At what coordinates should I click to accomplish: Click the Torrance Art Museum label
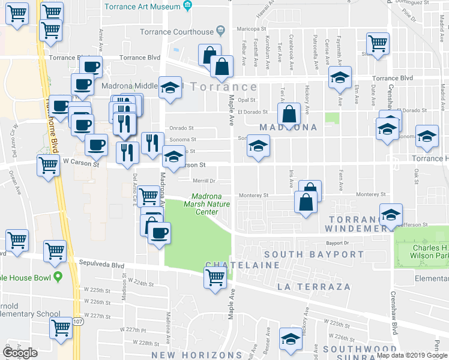pos(142,6)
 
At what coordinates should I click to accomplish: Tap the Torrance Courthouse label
pos(176,32)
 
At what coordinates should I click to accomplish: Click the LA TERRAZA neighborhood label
pos(314,287)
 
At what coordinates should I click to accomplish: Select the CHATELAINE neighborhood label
pos(243,265)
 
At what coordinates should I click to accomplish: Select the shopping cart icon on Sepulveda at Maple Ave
pos(215,277)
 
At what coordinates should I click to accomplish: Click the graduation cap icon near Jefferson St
pos(391,215)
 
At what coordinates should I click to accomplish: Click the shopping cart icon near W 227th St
pos(61,328)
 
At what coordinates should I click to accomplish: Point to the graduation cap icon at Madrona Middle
pos(170,88)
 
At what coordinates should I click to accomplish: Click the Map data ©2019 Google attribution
pos(411,355)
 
